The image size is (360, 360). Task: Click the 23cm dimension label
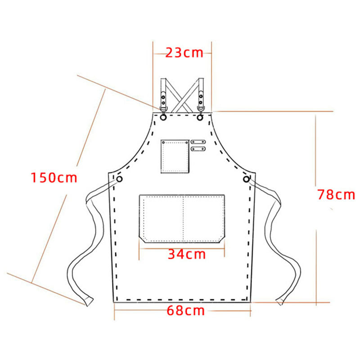pos(184,53)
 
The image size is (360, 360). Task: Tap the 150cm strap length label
pos(54,178)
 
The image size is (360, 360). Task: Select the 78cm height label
pos(336,194)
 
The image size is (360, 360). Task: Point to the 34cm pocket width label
pos(187,254)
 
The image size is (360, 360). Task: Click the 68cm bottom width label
pos(185,310)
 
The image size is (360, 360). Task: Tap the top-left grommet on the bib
pos(163,117)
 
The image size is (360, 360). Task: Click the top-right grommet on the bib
pos(200,117)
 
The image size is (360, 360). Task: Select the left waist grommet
pos(119,179)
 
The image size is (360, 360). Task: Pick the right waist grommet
pos(246,179)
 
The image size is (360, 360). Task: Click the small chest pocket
pos(175,156)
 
